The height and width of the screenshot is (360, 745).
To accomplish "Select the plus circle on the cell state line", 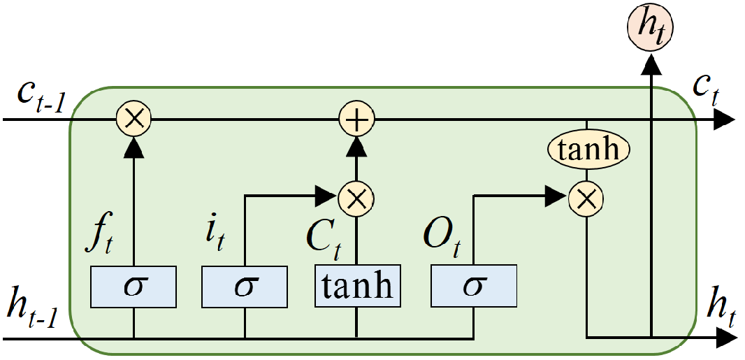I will [x=357, y=120].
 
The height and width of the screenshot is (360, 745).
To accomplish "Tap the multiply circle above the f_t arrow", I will [x=133, y=120].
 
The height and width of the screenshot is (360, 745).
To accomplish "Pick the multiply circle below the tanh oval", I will [x=586, y=199].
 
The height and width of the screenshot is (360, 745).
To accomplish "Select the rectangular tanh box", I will [x=357, y=286].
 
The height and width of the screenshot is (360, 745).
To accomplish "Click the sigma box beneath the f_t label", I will [x=133, y=286].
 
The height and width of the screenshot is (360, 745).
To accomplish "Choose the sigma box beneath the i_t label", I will [x=245, y=286].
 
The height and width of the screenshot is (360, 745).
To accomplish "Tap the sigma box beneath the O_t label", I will [x=474, y=286].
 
